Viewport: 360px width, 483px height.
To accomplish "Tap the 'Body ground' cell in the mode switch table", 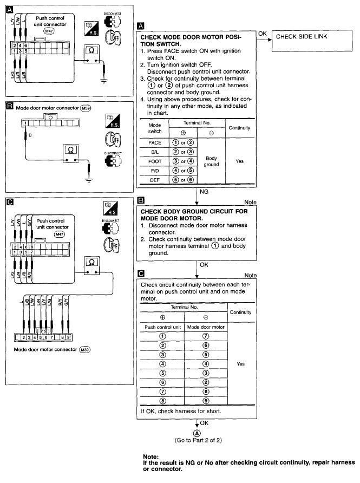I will pyautogui.click(x=211, y=161).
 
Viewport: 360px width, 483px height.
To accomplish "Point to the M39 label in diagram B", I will pyautogui.click(x=85, y=108).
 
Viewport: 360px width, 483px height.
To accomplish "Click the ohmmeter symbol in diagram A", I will pyautogui.click(x=91, y=51).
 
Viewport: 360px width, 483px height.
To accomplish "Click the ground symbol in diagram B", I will pyautogui.click(x=89, y=177).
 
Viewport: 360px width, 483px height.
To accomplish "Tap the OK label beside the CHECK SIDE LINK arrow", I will pyautogui.click(x=263, y=34).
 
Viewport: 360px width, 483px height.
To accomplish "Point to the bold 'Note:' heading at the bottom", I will pyautogui.click(x=150, y=457).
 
